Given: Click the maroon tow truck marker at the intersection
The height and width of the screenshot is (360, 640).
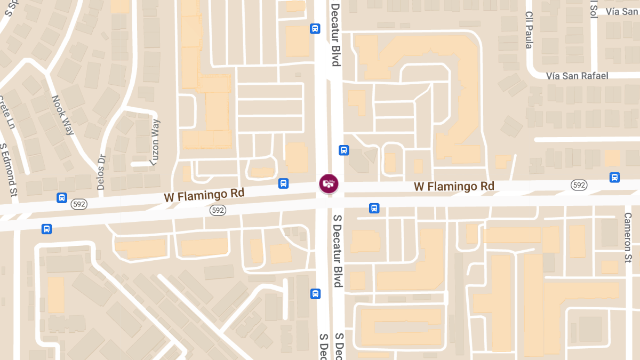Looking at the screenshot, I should pyautogui.click(x=329, y=183).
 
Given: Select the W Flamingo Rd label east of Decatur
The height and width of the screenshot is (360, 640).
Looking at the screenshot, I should pyautogui.click(x=454, y=186).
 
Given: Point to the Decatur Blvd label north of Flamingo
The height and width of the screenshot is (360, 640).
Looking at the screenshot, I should pyautogui.click(x=335, y=35).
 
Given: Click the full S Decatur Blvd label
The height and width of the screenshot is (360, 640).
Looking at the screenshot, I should pyautogui.click(x=337, y=251).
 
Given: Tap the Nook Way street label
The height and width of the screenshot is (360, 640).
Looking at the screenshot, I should pyautogui.click(x=62, y=115).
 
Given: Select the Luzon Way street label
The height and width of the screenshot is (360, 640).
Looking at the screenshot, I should pyautogui.click(x=155, y=142).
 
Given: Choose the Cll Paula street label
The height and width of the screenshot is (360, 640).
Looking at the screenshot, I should pyautogui.click(x=529, y=30).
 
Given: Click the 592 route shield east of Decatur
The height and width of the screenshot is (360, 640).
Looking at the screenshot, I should pyautogui.click(x=579, y=185).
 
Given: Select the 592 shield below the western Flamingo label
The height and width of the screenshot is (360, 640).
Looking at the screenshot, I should pyautogui.click(x=217, y=210).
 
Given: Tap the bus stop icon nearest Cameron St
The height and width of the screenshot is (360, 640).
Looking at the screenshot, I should pyautogui.click(x=614, y=178).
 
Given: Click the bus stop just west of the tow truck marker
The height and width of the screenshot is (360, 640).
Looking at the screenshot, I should pyautogui.click(x=283, y=183).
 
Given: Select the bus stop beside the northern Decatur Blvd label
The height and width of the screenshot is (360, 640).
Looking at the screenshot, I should pyautogui.click(x=315, y=28).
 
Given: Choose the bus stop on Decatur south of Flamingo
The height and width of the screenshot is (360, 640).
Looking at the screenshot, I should pyautogui.click(x=315, y=294).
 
